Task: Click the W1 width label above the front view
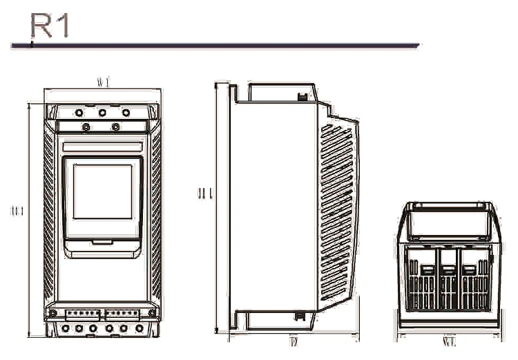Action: (x=103, y=83)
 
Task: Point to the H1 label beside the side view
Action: (x=204, y=194)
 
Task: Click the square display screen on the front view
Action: (x=102, y=191)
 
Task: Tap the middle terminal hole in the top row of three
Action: (x=102, y=112)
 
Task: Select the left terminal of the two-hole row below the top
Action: (x=86, y=126)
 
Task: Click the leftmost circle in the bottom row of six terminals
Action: (x=66, y=328)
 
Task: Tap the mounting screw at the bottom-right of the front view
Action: (x=152, y=313)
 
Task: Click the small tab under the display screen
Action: (x=102, y=241)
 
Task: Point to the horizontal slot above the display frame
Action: (x=102, y=146)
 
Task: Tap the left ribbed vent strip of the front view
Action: (x=49, y=214)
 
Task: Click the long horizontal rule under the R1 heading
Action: (x=215, y=46)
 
